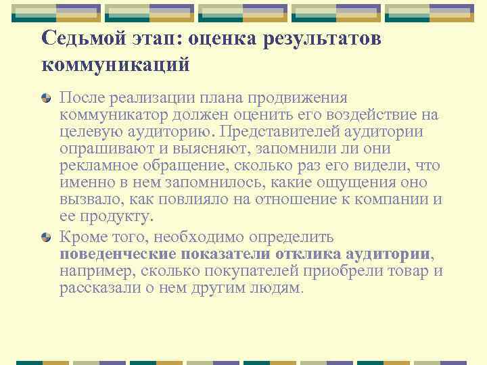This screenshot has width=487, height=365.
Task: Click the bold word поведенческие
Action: pyautogui.click(x=118, y=254)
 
